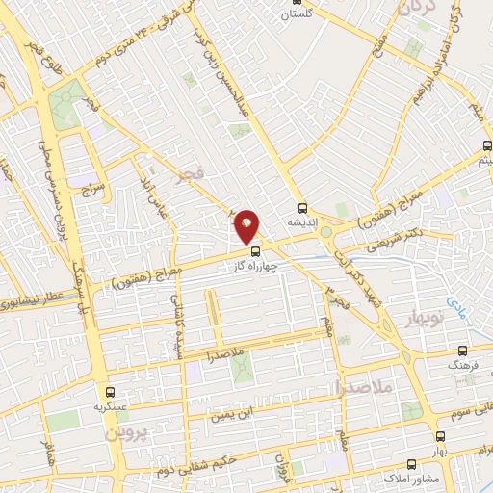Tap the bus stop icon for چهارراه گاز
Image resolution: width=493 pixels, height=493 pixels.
click(x=254, y=253)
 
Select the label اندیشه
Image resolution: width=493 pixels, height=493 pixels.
click(x=302, y=221)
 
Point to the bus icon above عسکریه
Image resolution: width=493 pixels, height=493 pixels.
click(x=110, y=392)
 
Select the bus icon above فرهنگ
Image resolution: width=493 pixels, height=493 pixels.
click(x=462, y=351)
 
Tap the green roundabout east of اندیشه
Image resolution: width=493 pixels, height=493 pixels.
click(x=326, y=231)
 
